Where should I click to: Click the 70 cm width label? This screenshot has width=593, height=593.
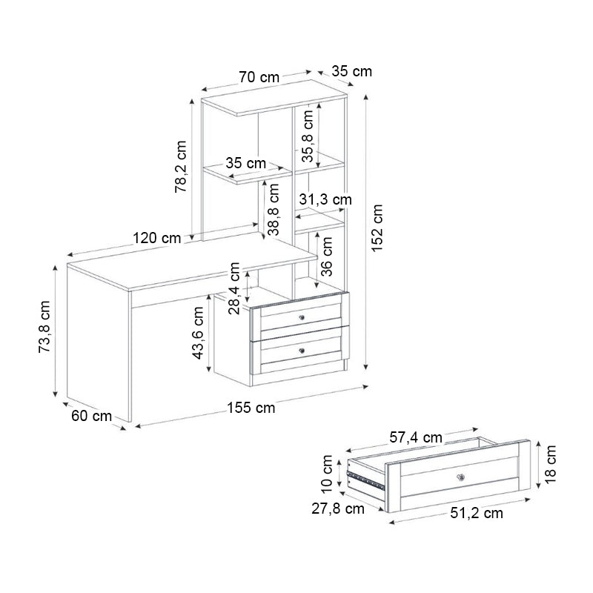pos(259,76)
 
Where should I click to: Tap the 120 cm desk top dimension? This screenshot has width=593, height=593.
pos(157,239)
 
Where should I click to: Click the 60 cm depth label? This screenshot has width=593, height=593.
pos(91,416)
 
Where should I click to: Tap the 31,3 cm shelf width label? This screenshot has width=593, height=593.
pos(325,199)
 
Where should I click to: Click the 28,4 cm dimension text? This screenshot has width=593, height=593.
pos(235,289)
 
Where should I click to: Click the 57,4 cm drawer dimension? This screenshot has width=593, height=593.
pos(416,437)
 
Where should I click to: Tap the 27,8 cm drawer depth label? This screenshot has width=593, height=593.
pos(337,508)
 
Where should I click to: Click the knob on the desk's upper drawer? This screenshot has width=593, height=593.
pos(302,317)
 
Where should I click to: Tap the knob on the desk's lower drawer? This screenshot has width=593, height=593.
pos(302,349)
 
